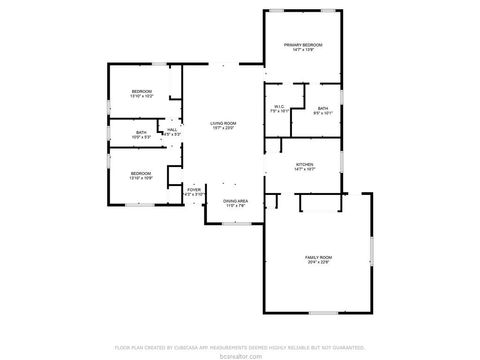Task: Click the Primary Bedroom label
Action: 304,45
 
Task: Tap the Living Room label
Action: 223,123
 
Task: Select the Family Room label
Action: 318,258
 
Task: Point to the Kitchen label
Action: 304,164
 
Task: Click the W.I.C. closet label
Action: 278,107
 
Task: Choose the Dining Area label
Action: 235,202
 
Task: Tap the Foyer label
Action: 194,188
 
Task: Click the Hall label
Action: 172,129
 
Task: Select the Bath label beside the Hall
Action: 141,131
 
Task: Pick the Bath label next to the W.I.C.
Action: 322,108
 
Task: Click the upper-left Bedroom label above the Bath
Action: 141,92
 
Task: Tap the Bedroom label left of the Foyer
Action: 140,173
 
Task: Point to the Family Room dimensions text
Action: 318,264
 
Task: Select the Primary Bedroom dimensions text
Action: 304,51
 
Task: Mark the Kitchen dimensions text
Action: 304,170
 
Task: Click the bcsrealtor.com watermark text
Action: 240,354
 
